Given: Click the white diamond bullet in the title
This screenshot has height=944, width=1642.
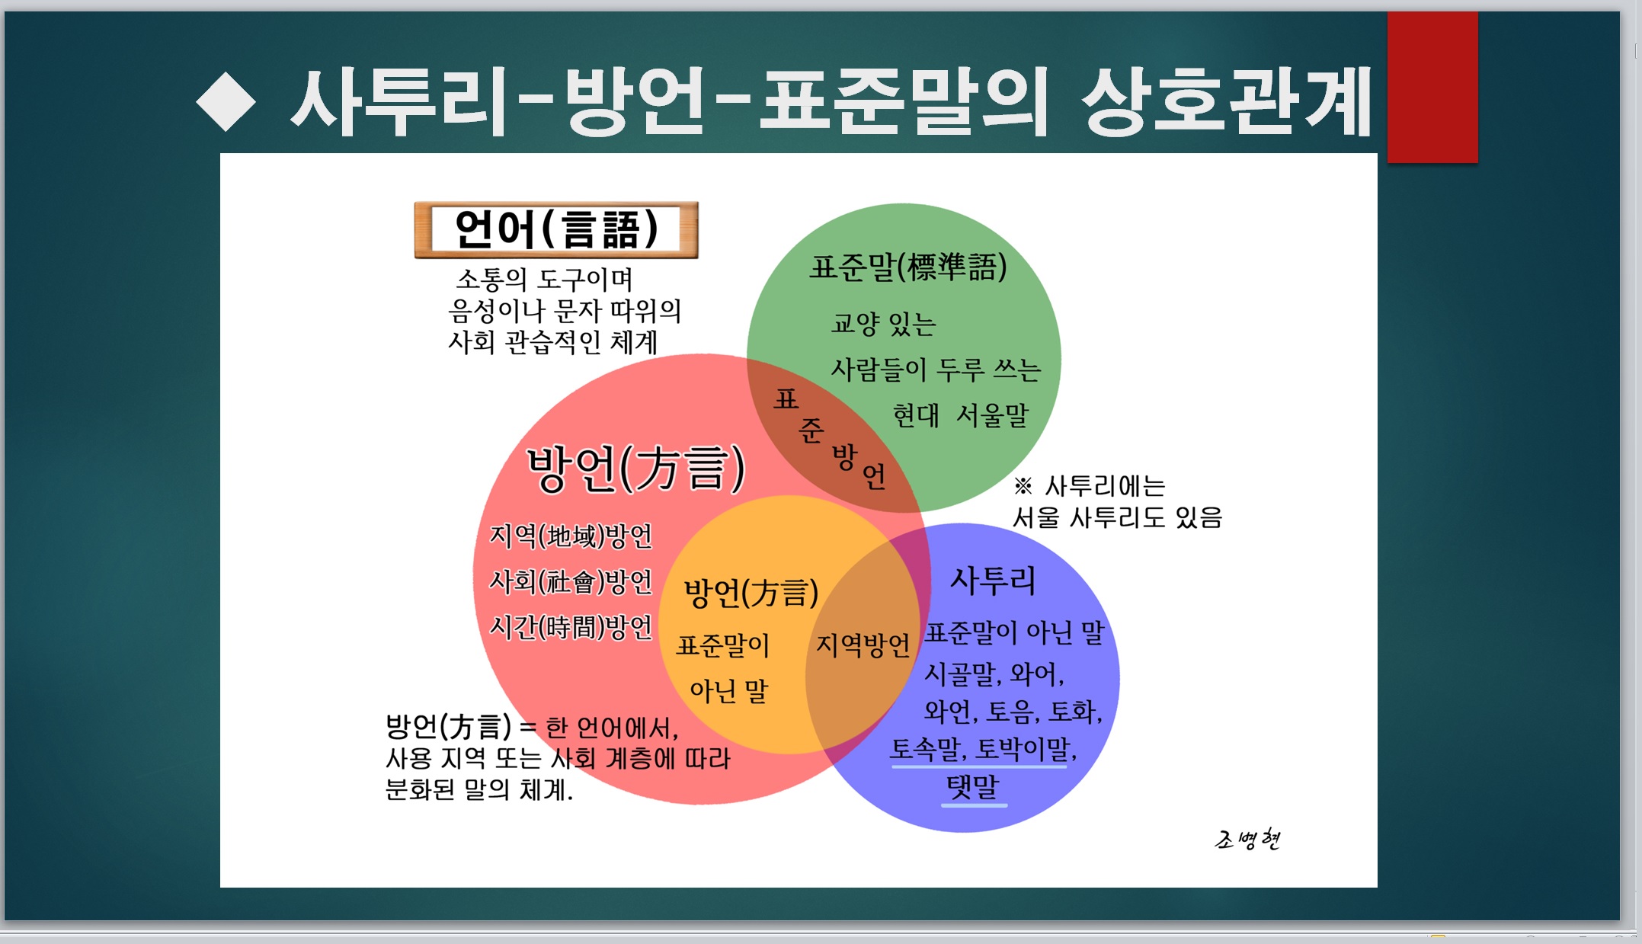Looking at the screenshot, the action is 226,101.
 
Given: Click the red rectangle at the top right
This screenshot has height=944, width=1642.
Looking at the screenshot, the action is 1432,87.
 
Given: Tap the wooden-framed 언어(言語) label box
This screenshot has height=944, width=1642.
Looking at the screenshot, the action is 556,230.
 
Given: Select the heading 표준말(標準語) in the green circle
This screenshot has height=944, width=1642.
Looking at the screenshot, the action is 908,267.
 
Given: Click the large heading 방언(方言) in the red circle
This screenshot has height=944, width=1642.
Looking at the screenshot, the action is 636,468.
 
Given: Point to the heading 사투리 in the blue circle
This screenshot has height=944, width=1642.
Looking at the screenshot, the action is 993,581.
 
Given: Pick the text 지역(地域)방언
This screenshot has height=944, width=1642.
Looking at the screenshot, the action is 571,536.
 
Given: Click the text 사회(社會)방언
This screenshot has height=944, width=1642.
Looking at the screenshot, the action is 571,581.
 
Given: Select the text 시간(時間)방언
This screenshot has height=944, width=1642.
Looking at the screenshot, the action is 571,627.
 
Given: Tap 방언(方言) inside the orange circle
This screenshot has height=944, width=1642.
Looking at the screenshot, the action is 751,593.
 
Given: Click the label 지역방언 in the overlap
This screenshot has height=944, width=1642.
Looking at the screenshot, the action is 863,645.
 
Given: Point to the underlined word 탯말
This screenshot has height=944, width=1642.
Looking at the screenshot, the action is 972,787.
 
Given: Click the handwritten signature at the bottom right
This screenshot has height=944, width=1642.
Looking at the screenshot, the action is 1247,839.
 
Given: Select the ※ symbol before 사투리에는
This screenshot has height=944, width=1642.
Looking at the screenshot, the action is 1023,485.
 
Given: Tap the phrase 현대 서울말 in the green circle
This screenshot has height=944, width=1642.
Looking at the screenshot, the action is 960,415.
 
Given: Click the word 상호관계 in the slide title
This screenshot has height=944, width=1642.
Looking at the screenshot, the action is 1226,101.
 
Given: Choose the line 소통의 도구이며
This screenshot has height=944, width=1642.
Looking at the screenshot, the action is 544,279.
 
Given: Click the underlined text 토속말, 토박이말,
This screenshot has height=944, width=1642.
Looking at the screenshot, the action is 983,749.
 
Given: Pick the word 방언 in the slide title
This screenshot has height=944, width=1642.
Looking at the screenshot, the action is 634,101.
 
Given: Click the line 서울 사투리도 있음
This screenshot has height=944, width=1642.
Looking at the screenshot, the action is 1117,517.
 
